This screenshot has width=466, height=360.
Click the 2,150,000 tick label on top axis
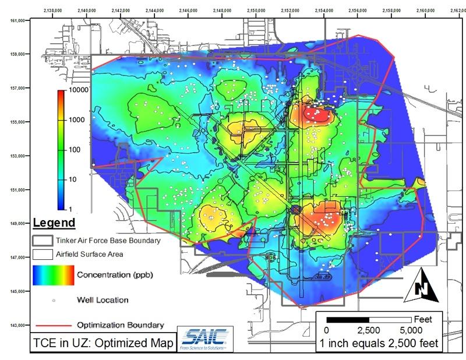coord(256,10)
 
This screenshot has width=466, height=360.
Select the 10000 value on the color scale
coord(77,91)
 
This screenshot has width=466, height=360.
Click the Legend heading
coord(54,223)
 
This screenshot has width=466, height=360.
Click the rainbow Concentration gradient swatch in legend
coord(54,276)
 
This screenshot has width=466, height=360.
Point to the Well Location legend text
coord(103,300)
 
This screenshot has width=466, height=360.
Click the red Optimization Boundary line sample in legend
coord(51,324)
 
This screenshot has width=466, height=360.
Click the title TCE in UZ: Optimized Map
coord(103,343)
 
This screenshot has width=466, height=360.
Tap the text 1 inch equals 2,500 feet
coord(379,344)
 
